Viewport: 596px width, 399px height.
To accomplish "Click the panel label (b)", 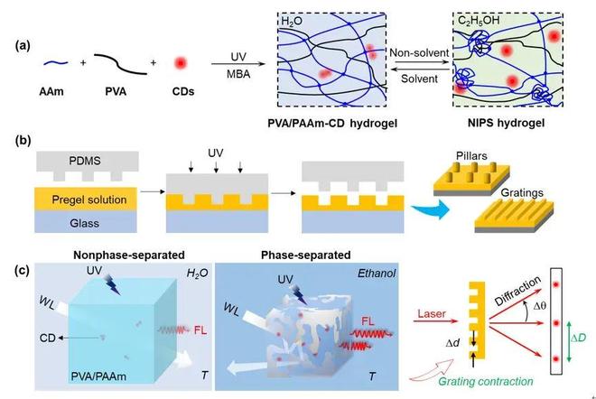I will [x=26, y=143].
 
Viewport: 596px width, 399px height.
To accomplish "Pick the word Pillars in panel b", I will [x=483, y=156].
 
